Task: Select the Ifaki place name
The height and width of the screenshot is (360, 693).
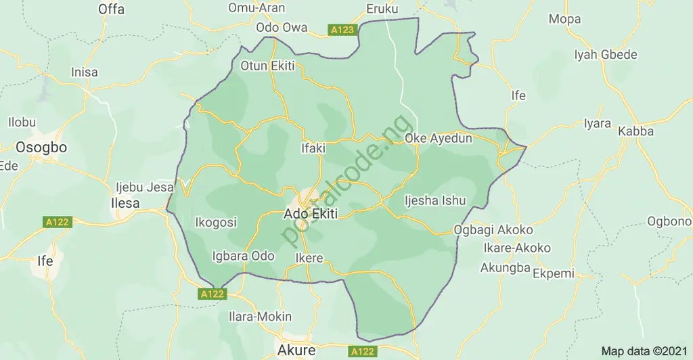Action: click(314, 146)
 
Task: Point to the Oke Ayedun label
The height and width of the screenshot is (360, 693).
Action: click(438, 138)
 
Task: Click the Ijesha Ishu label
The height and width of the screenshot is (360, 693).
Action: click(435, 200)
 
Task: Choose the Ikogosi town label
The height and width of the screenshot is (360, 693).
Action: click(215, 222)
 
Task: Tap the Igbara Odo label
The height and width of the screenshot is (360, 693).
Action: click(243, 256)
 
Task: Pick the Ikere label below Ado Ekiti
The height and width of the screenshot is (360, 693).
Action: click(309, 258)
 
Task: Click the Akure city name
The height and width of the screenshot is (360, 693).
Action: click(296, 350)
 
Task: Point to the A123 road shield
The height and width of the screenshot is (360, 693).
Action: click(342, 30)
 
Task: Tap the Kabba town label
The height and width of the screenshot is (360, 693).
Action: click(636, 131)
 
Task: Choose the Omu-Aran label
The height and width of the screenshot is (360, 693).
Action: click(257, 8)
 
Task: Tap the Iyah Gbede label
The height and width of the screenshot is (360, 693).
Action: click(605, 55)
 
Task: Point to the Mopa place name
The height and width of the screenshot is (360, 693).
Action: click(564, 19)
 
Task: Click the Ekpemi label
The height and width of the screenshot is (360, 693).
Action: click(554, 274)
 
